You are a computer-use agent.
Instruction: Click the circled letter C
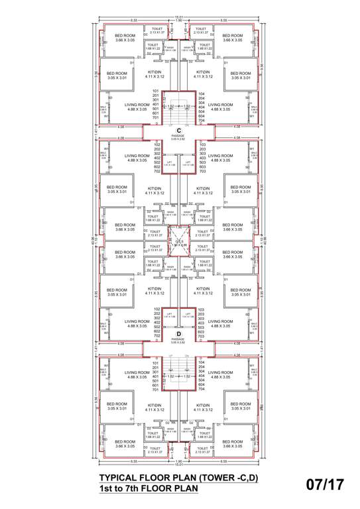pos(178,129)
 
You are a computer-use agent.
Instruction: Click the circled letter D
pos(178,333)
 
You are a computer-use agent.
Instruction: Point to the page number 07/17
pos(325,484)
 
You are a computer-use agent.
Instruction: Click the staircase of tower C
pos(178,106)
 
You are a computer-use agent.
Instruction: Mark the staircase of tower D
pos(178,377)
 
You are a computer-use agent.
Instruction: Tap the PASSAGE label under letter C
pos(178,137)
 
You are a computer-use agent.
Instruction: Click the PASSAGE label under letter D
pos(178,340)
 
